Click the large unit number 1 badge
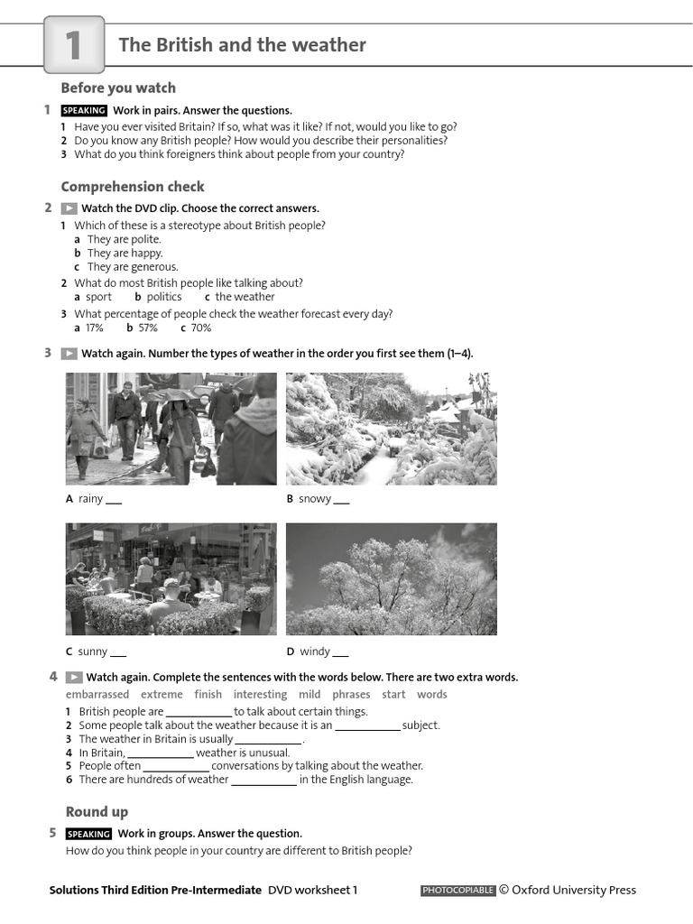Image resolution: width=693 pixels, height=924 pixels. click(x=73, y=45)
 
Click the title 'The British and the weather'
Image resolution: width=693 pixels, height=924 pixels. click(x=242, y=45)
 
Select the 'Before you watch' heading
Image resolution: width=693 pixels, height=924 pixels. click(x=118, y=88)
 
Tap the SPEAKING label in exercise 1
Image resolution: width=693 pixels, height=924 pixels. click(x=84, y=110)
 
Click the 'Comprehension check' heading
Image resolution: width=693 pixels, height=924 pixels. click(x=133, y=187)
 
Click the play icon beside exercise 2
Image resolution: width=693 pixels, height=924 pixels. click(x=69, y=208)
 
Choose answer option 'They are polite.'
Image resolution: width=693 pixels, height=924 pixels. click(x=124, y=239)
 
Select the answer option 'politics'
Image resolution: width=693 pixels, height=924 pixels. click(x=163, y=297)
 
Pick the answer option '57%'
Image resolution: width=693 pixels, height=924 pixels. click(x=147, y=328)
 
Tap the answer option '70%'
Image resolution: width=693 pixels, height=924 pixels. click(x=200, y=328)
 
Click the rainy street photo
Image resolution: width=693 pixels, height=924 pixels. click(x=171, y=429)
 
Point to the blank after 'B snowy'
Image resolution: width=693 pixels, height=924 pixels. click(x=341, y=500)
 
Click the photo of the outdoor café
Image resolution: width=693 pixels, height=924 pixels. click(x=171, y=578)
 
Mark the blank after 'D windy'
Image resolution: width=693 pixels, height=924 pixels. click(x=340, y=652)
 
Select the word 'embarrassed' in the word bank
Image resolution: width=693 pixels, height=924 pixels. click(x=97, y=695)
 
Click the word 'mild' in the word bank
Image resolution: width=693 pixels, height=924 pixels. click(x=310, y=695)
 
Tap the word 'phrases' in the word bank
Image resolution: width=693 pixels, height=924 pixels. click(x=351, y=695)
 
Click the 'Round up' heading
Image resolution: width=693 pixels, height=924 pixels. click(x=97, y=811)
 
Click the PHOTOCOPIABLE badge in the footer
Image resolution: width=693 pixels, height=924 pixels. click(x=458, y=891)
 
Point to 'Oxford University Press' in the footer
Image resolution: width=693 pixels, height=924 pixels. click(x=574, y=891)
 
